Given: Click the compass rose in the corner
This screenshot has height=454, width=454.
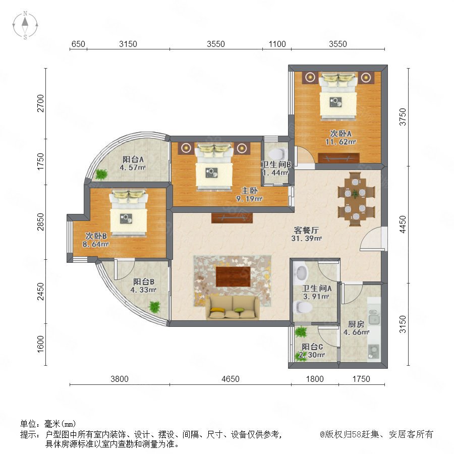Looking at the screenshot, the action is [25, 25].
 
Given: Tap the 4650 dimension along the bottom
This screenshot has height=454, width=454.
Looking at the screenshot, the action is [231, 379].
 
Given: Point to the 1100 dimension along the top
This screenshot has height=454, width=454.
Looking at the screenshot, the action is [277, 44].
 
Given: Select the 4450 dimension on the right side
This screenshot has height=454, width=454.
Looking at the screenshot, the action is [403, 224].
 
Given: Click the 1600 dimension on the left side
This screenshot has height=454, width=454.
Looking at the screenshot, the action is [40, 344].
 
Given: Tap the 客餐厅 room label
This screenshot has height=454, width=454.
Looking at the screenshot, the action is [306, 230].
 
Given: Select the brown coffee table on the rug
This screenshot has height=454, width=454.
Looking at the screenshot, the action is [233, 276].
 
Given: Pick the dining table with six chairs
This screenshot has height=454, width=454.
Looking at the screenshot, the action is [356, 199].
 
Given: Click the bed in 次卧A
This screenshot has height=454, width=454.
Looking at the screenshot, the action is [338, 96].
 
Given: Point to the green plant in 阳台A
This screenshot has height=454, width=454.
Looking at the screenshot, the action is [101, 174].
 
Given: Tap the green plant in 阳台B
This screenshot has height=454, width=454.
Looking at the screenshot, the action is [155, 306].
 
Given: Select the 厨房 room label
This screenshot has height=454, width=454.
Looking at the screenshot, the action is [356, 324].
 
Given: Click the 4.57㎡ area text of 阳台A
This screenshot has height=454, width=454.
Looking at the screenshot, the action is [133, 167].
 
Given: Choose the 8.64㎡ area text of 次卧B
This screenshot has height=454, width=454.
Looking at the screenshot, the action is [95, 244].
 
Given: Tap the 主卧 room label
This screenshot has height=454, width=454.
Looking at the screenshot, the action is [249, 191].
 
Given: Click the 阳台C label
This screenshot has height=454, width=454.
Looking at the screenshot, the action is [312, 347].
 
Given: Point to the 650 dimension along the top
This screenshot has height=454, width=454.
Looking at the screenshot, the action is [78, 44].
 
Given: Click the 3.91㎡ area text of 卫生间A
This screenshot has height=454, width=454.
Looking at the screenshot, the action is [316, 297].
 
